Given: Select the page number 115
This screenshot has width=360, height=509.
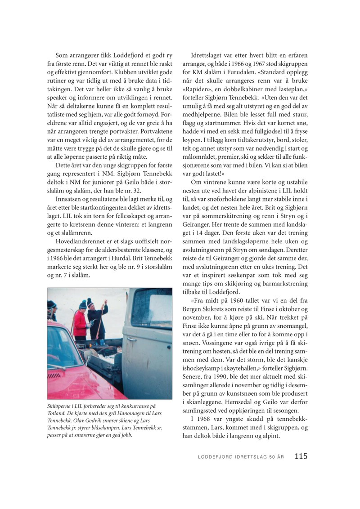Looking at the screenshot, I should pos(301,456).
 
